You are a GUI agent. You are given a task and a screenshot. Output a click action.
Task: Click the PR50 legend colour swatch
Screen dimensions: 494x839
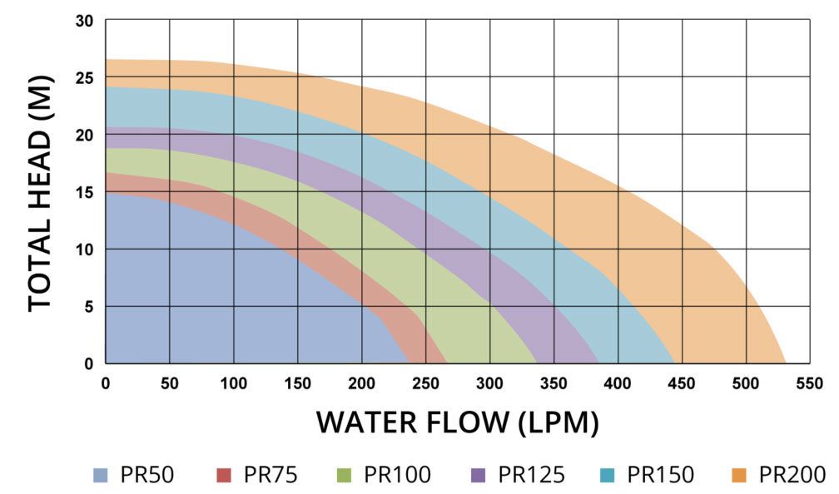tap(100, 476)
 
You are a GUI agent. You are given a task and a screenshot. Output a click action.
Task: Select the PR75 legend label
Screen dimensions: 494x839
tap(271, 476)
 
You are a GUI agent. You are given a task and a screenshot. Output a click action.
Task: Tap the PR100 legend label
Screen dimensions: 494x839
tap(397, 476)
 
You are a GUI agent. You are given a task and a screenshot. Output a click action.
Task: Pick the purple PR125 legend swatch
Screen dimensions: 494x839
tap(479, 476)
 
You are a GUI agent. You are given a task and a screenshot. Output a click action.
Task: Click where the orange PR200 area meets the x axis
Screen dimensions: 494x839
tap(785, 363)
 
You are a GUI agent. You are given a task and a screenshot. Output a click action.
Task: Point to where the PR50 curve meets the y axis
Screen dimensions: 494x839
tap(107, 192)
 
